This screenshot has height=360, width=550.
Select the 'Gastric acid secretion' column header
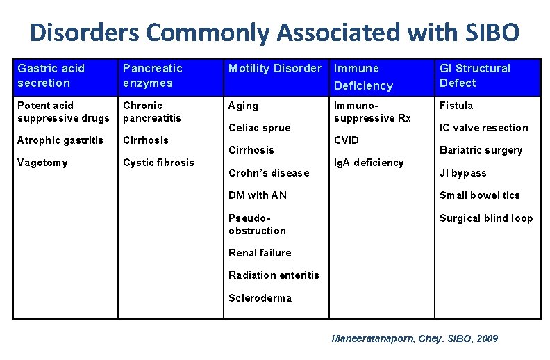click(51, 76)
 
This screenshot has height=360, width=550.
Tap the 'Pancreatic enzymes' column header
click(152, 76)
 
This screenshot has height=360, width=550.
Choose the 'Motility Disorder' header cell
click(275, 68)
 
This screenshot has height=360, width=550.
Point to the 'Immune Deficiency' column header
click(363, 76)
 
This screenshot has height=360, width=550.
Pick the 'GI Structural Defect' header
click(474, 76)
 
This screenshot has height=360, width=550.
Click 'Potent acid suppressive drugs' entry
click(63, 111)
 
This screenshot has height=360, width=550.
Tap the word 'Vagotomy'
click(42, 163)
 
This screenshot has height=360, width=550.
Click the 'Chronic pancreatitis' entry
click(151, 111)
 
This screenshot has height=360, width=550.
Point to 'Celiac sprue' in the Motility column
click(259, 128)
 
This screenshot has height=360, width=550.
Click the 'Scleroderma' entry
click(260, 298)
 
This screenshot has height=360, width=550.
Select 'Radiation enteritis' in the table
click(274, 275)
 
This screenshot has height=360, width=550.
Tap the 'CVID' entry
click(347, 140)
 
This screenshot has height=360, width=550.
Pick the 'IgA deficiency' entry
click(368, 163)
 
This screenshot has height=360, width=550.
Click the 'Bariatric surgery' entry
click(481, 150)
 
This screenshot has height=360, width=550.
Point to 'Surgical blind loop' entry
click(485, 218)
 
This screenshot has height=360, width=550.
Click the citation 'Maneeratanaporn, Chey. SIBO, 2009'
click(414, 338)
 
